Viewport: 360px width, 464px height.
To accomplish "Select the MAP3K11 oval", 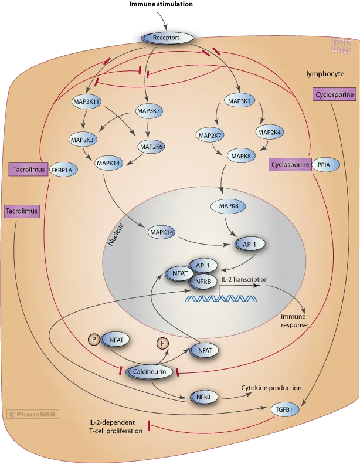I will (87, 101).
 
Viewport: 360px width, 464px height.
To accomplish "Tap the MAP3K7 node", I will (149, 110).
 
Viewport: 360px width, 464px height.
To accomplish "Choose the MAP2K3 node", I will (84, 140).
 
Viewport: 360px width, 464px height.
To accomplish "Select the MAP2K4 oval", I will (270, 133).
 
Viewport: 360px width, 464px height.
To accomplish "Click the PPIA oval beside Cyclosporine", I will (324, 165).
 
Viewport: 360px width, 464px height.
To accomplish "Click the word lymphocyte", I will (325, 74).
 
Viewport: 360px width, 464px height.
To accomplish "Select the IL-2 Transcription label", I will (244, 279).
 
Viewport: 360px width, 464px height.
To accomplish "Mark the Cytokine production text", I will (271, 388).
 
